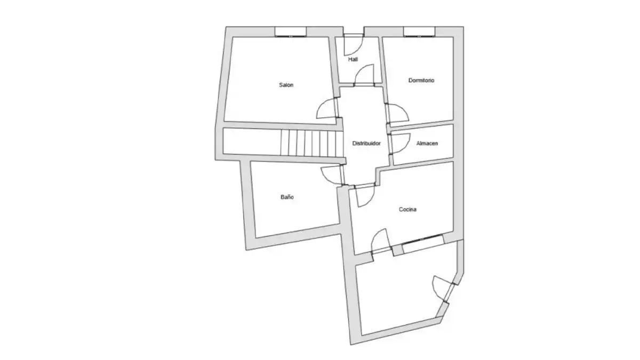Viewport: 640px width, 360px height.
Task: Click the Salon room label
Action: tap(286, 85)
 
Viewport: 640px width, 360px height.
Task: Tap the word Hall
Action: tap(353, 59)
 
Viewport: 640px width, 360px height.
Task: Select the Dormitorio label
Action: tap(421, 81)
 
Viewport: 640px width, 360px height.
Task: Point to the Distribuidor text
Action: tap(366, 143)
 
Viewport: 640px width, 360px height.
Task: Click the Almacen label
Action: tap(427, 143)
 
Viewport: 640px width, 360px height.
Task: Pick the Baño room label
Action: tap(287, 197)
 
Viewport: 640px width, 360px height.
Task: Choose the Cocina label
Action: tap(407, 210)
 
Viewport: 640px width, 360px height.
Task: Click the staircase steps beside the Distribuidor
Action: tap(311, 143)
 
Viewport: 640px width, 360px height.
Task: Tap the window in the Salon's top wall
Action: tap(291, 31)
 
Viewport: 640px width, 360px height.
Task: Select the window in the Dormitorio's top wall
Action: tap(419, 31)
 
